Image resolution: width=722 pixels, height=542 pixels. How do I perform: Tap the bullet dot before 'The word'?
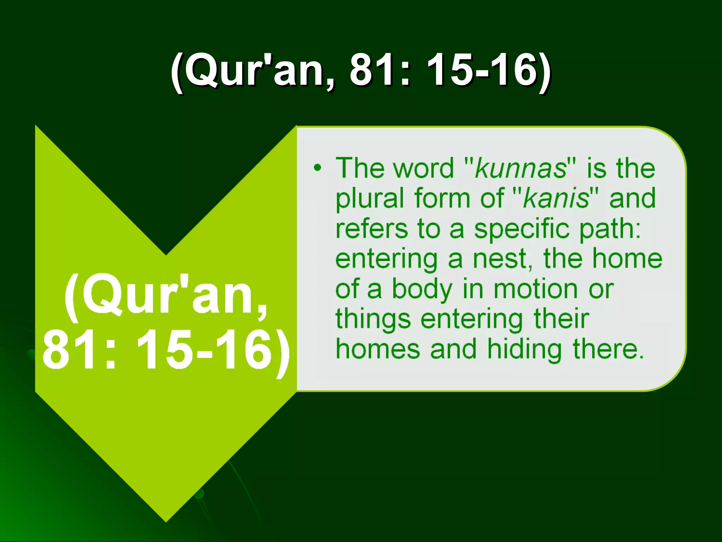click(x=318, y=168)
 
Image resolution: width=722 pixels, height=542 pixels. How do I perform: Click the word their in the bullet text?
click(x=561, y=319)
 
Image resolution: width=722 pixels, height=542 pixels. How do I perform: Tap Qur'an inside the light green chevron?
click(x=166, y=297)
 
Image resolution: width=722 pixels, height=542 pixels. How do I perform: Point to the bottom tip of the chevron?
click(x=166, y=521)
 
